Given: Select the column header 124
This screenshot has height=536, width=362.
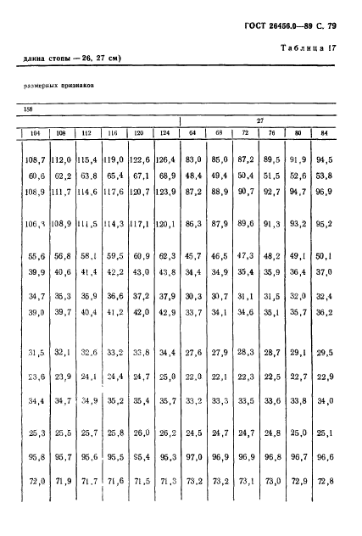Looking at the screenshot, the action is tap(168, 132).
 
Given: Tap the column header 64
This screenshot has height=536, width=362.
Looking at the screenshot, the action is tap(194, 132).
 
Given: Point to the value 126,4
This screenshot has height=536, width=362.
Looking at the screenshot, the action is tap(167, 158).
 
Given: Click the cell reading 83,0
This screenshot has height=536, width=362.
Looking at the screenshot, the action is tap(194, 158).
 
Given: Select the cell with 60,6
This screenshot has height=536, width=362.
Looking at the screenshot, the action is tap(36, 176).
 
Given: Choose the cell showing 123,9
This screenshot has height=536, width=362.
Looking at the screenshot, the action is tap(167, 194).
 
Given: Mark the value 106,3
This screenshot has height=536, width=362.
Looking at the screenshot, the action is tap(35, 224).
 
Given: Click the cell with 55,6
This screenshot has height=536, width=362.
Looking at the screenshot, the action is tap(36, 254).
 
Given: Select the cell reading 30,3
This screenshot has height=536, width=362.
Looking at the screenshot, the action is tap(194, 295).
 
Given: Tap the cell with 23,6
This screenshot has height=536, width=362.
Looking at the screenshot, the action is tap(36, 376).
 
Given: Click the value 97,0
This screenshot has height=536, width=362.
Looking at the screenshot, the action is tap(194, 456).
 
